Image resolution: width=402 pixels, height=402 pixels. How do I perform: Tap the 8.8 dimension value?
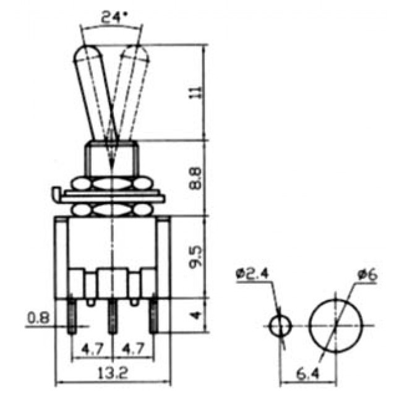tap(197, 179)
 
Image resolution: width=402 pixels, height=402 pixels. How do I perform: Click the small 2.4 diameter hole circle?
tap(280, 325)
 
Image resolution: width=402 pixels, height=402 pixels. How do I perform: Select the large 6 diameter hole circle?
tap(334, 324)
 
